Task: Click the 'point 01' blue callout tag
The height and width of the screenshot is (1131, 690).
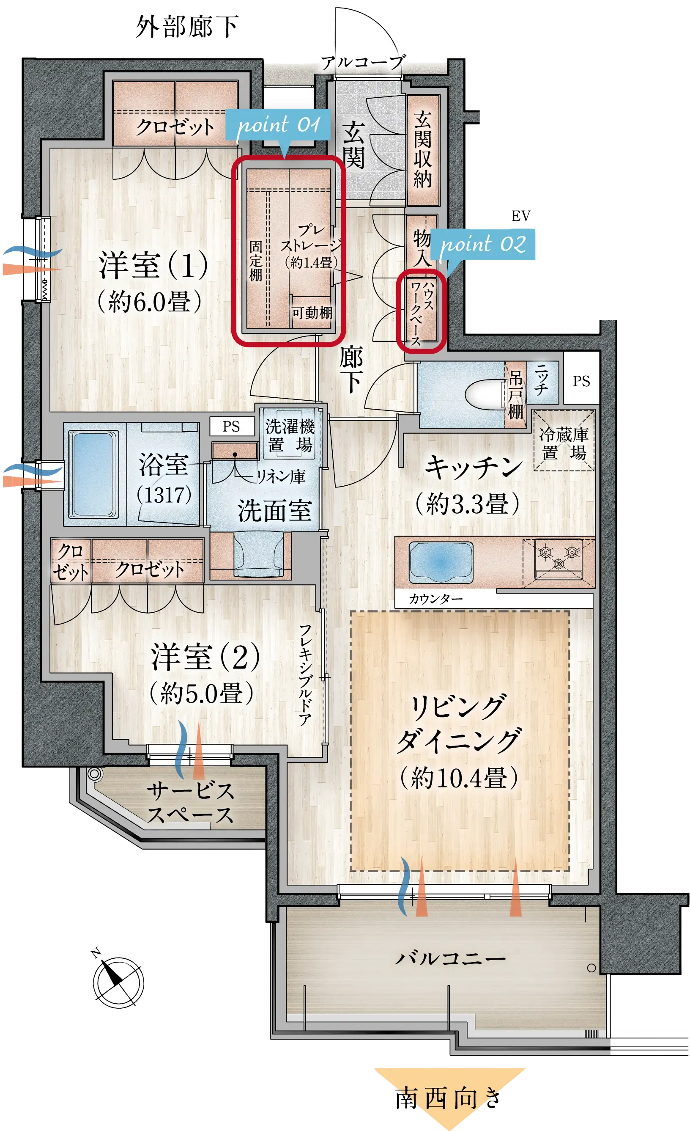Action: click(x=277, y=125)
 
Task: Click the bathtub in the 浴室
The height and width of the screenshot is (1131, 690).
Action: click(x=93, y=475)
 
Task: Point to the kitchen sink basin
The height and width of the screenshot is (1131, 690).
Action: click(x=441, y=562)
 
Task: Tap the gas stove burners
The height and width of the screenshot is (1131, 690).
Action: click(x=559, y=559)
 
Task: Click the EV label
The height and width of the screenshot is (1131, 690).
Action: click(x=521, y=216)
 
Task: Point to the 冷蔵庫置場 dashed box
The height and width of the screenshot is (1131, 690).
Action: click(x=564, y=440)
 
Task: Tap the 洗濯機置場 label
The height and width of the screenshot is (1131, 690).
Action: click(x=290, y=435)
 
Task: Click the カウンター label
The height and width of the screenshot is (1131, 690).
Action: click(x=435, y=599)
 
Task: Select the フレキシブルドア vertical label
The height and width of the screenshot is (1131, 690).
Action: click(x=305, y=675)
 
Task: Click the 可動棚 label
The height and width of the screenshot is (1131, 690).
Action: click(x=312, y=313)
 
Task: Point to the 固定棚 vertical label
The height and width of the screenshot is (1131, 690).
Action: click(x=255, y=260)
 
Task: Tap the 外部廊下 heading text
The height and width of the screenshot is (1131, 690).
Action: click(x=187, y=27)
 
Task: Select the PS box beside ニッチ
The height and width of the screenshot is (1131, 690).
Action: click(x=581, y=380)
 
